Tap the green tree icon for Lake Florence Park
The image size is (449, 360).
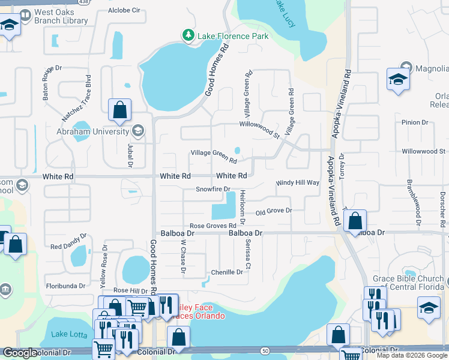(x=188, y=36)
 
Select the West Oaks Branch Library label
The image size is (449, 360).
(x=61, y=16)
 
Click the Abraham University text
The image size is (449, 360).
(x=93, y=131)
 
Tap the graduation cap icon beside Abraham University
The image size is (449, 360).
(x=138, y=131)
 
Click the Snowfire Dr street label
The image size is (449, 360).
(x=214, y=190)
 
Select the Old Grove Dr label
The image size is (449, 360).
(x=274, y=211)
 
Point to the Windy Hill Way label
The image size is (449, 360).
(x=297, y=182)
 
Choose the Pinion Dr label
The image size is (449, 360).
(x=415, y=122)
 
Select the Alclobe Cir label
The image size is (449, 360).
(x=124, y=10)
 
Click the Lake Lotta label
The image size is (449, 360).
(x=68, y=334)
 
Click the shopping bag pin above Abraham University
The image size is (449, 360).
(x=120, y=110)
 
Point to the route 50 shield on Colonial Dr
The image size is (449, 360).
(x=265, y=350)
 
